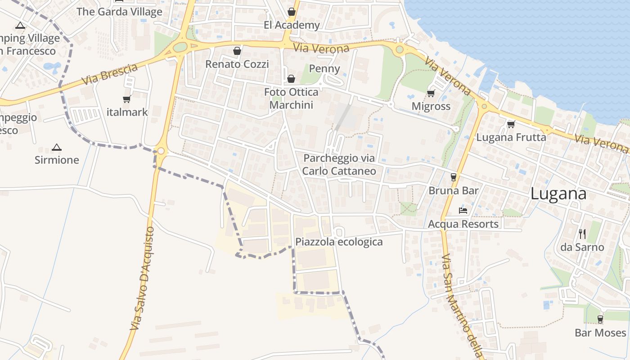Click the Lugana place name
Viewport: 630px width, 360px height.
pos(558,193)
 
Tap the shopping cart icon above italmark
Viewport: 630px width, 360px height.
pos(126,99)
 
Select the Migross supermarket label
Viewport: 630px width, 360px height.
pos(431,106)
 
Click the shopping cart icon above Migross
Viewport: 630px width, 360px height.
pos(431,93)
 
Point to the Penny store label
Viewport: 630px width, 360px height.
pos(325,69)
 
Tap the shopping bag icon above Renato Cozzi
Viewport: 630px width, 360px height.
pos(237,51)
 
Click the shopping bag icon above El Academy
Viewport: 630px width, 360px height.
pos(292,12)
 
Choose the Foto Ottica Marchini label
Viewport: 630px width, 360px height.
pos(291,99)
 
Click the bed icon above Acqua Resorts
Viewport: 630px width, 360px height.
pos(463,210)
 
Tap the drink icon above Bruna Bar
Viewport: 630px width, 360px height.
pos(454,177)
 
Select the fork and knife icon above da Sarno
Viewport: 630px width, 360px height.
pos(582,234)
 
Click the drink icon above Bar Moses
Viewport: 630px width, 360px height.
pos(600,319)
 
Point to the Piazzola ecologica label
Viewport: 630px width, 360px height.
pos(339,242)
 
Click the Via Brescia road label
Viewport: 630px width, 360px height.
pos(109,75)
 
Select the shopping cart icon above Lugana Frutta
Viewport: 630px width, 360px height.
pos(511,124)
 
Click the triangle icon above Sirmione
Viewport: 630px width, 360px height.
pos(56,147)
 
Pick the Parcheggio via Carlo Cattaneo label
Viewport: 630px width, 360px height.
pos(339,164)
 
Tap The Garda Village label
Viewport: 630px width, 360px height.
pos(119,12)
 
